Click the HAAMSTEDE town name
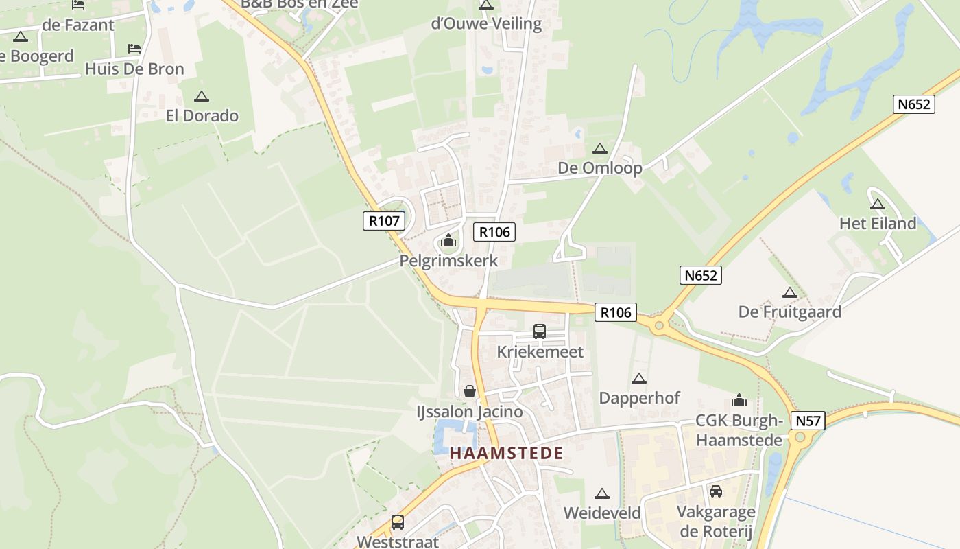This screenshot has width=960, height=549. (506, 453)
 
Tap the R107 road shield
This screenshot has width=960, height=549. (384, 221)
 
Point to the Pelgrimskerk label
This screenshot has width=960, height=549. (448, 261)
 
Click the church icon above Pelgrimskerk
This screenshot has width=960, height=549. (448, 240)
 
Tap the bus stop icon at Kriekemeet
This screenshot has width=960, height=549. (540, 331)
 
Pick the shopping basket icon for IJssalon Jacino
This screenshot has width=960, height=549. (470, 391)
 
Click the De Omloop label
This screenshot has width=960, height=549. (600, 168)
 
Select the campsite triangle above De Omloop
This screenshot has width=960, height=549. (600, 148)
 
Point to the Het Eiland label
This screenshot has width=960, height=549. (878, 223)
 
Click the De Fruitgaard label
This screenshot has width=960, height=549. (790, 312)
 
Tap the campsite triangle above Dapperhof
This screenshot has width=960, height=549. (639, 378)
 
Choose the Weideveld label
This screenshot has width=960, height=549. (602, 513)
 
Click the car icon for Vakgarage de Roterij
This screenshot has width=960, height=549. (716, 491)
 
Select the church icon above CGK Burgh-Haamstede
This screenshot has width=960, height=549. (739, 400)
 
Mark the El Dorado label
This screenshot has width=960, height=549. (202, 115)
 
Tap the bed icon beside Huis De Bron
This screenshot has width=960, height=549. (134, 49)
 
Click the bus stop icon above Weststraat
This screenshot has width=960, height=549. (398, 522)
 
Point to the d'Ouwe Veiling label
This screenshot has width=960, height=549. (486, 24)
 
